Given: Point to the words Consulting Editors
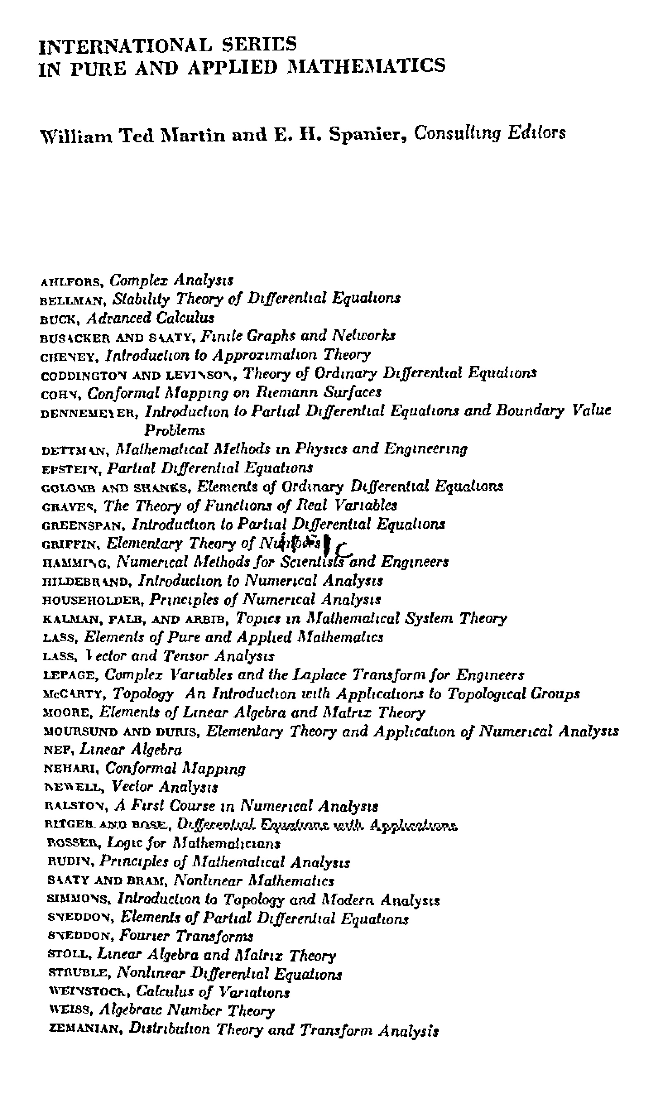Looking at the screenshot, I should (490, 132).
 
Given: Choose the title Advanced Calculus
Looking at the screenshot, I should (150, 318).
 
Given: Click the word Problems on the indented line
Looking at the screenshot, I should (175, 430).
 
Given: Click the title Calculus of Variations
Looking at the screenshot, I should (213, 992).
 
